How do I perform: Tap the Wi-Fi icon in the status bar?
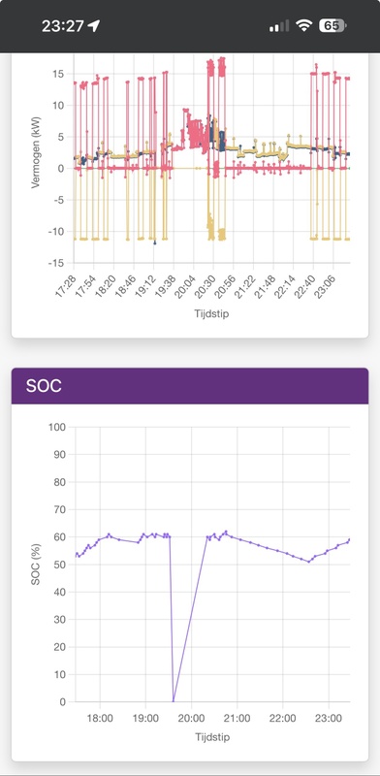coord(305,26)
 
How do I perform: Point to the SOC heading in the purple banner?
coord(44,385)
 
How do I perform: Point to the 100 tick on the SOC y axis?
coord(56,427)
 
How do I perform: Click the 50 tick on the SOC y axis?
coord(59,565)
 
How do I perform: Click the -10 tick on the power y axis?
coord(57,231)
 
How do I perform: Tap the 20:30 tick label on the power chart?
coord(205,286)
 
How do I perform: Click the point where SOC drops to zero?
coord(174,701)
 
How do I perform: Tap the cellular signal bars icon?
coord(279,26)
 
